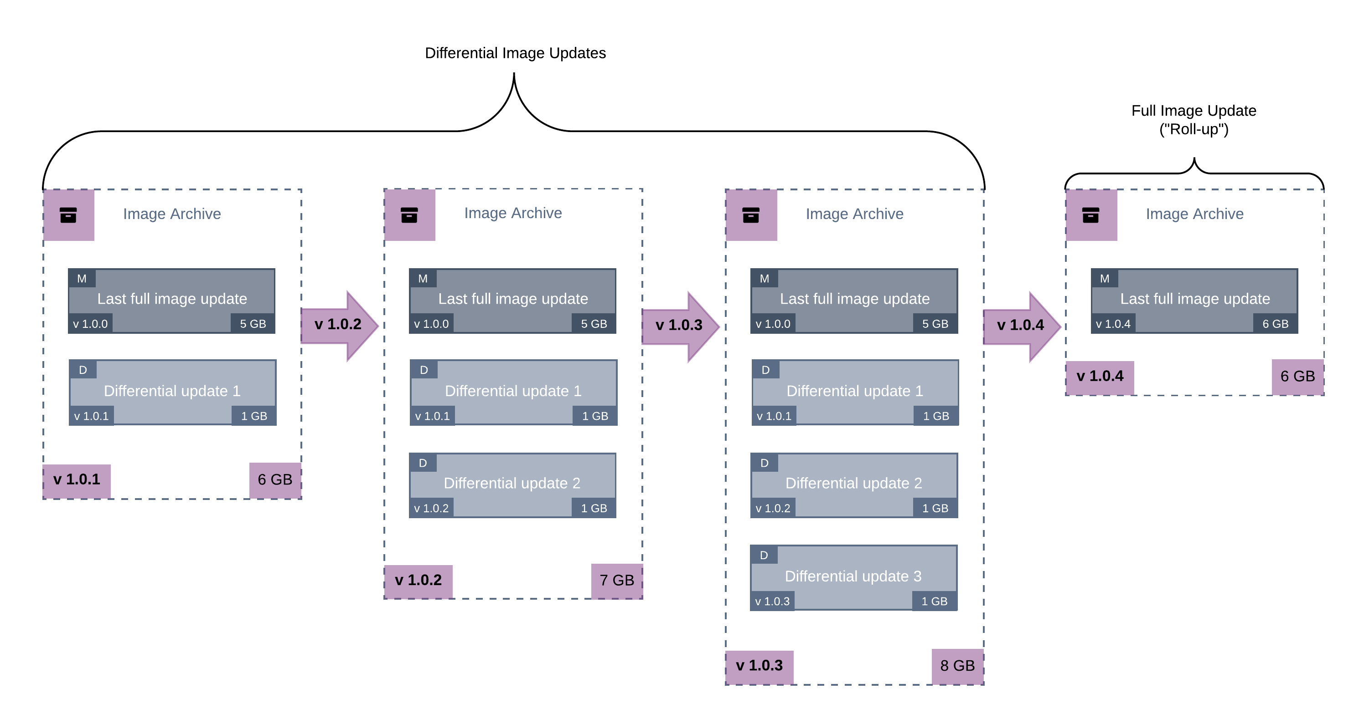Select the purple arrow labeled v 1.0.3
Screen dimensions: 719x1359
coord(679,326)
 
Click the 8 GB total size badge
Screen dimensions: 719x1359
coord(957,666)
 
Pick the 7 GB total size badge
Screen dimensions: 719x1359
coord(616,581)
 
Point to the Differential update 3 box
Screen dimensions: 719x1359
coord(853,577)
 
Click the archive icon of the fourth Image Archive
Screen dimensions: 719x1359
coord(1090,215)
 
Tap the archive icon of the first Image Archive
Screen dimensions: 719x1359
coord(68,215)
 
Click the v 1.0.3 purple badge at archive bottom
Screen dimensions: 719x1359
coord(759,666)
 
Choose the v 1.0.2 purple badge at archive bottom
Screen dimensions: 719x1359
coord(418,581)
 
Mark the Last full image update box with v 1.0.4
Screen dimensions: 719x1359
coord(1194,301)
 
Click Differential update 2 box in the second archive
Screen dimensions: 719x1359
coord(512,485)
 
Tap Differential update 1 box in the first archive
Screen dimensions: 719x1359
coord(172,392)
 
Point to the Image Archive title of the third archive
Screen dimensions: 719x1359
coord(854,214)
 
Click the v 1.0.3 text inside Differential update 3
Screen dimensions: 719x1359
coord(772,602)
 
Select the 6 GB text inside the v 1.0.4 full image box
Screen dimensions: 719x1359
coord(1275,324)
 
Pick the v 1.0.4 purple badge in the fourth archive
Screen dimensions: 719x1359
coord(1100,377)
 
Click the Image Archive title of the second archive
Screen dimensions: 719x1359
coord(513,214)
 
